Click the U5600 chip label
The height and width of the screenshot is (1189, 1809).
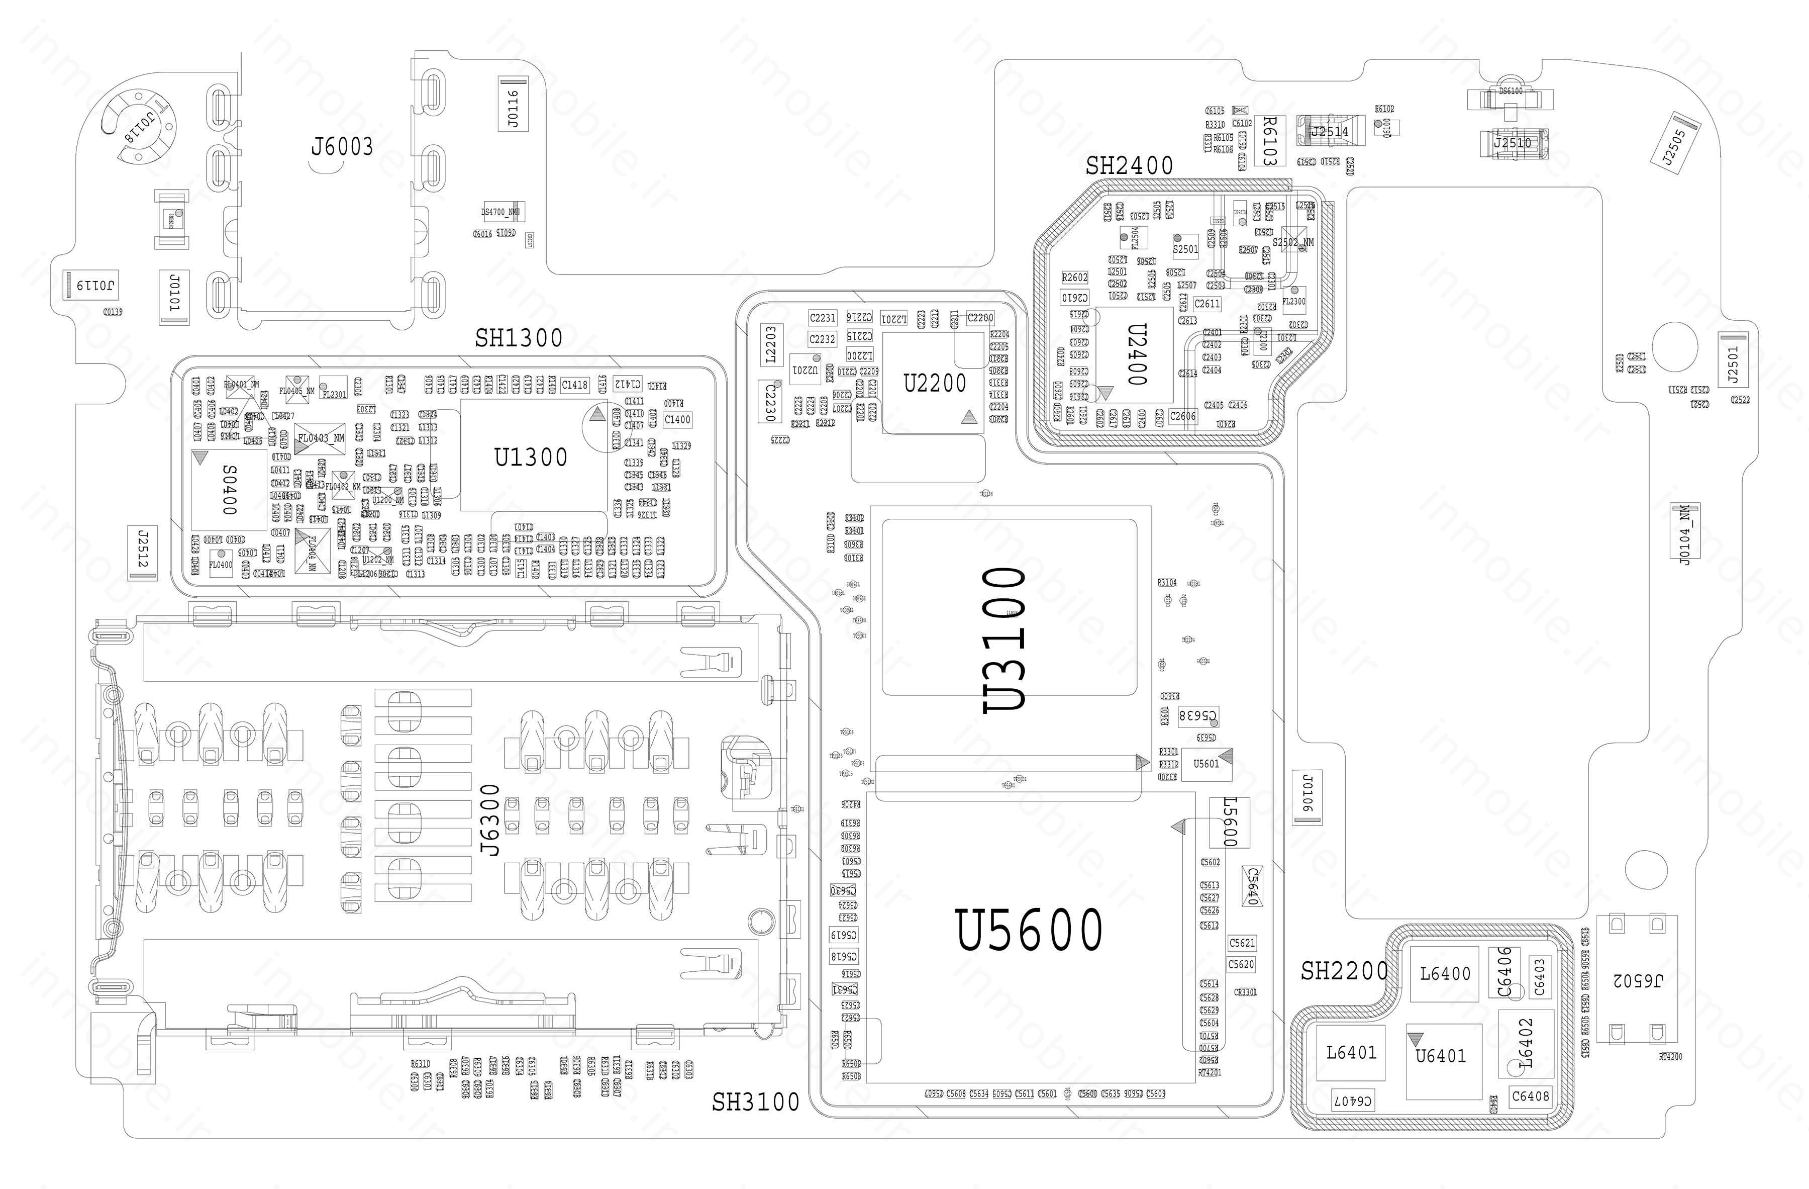pyautogui.click(x=1029, y=929)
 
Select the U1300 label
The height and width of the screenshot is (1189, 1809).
pyautogui.click(x=531, y=458)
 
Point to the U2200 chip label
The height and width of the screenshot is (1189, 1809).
pyautogui.click(x=934, y=383)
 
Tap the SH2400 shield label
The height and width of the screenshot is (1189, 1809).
pyautogui.click(x=1129, y=166)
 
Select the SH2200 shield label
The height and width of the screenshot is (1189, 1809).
pyautogui.click(x=1344, y=971)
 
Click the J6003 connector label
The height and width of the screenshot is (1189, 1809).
pyautogui.click(x=342, y=146)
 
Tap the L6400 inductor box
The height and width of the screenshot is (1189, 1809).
pyautogui.click(x=1444, y=974)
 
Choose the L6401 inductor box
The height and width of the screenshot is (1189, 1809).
pyautogui.click(x=1351, y=1053)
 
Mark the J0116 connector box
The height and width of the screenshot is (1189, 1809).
pyautogui.click(x=513, y=104)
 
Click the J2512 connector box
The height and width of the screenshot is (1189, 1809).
pyautogui.click(x=143, y=553)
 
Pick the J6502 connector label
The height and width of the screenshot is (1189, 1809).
pyautogui.click(x=1637, y=981)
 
